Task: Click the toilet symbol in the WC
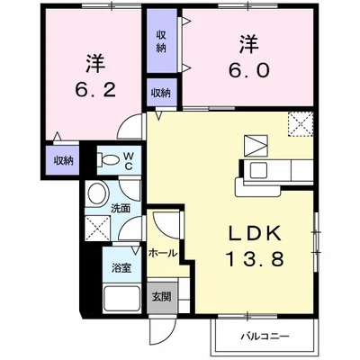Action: tap(107, 158)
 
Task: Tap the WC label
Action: tap(129, 161)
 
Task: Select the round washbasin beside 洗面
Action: tap(97, 193)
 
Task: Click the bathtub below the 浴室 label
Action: tap(121, 298)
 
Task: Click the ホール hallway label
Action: tap(163, 253)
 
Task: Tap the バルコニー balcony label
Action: tap(265, 336)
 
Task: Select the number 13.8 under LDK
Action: tap(255, 259)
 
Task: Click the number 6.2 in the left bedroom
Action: tap(95, 89)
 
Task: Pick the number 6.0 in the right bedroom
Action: tap(249, 71)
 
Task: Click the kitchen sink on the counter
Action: tap(258, 170)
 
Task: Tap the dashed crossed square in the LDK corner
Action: tap(301, 124)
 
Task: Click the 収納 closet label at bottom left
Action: tap(63, 160)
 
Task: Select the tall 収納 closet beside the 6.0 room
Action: tap(162, 41)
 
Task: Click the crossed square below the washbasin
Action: tap(97, 228)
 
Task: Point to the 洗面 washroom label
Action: tap(121, 208)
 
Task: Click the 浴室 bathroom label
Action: tap(121, 267)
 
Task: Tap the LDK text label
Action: tap(255, 233)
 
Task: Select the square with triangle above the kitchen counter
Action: tap(256, 146)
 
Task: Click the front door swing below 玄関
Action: tap(162, 332)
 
